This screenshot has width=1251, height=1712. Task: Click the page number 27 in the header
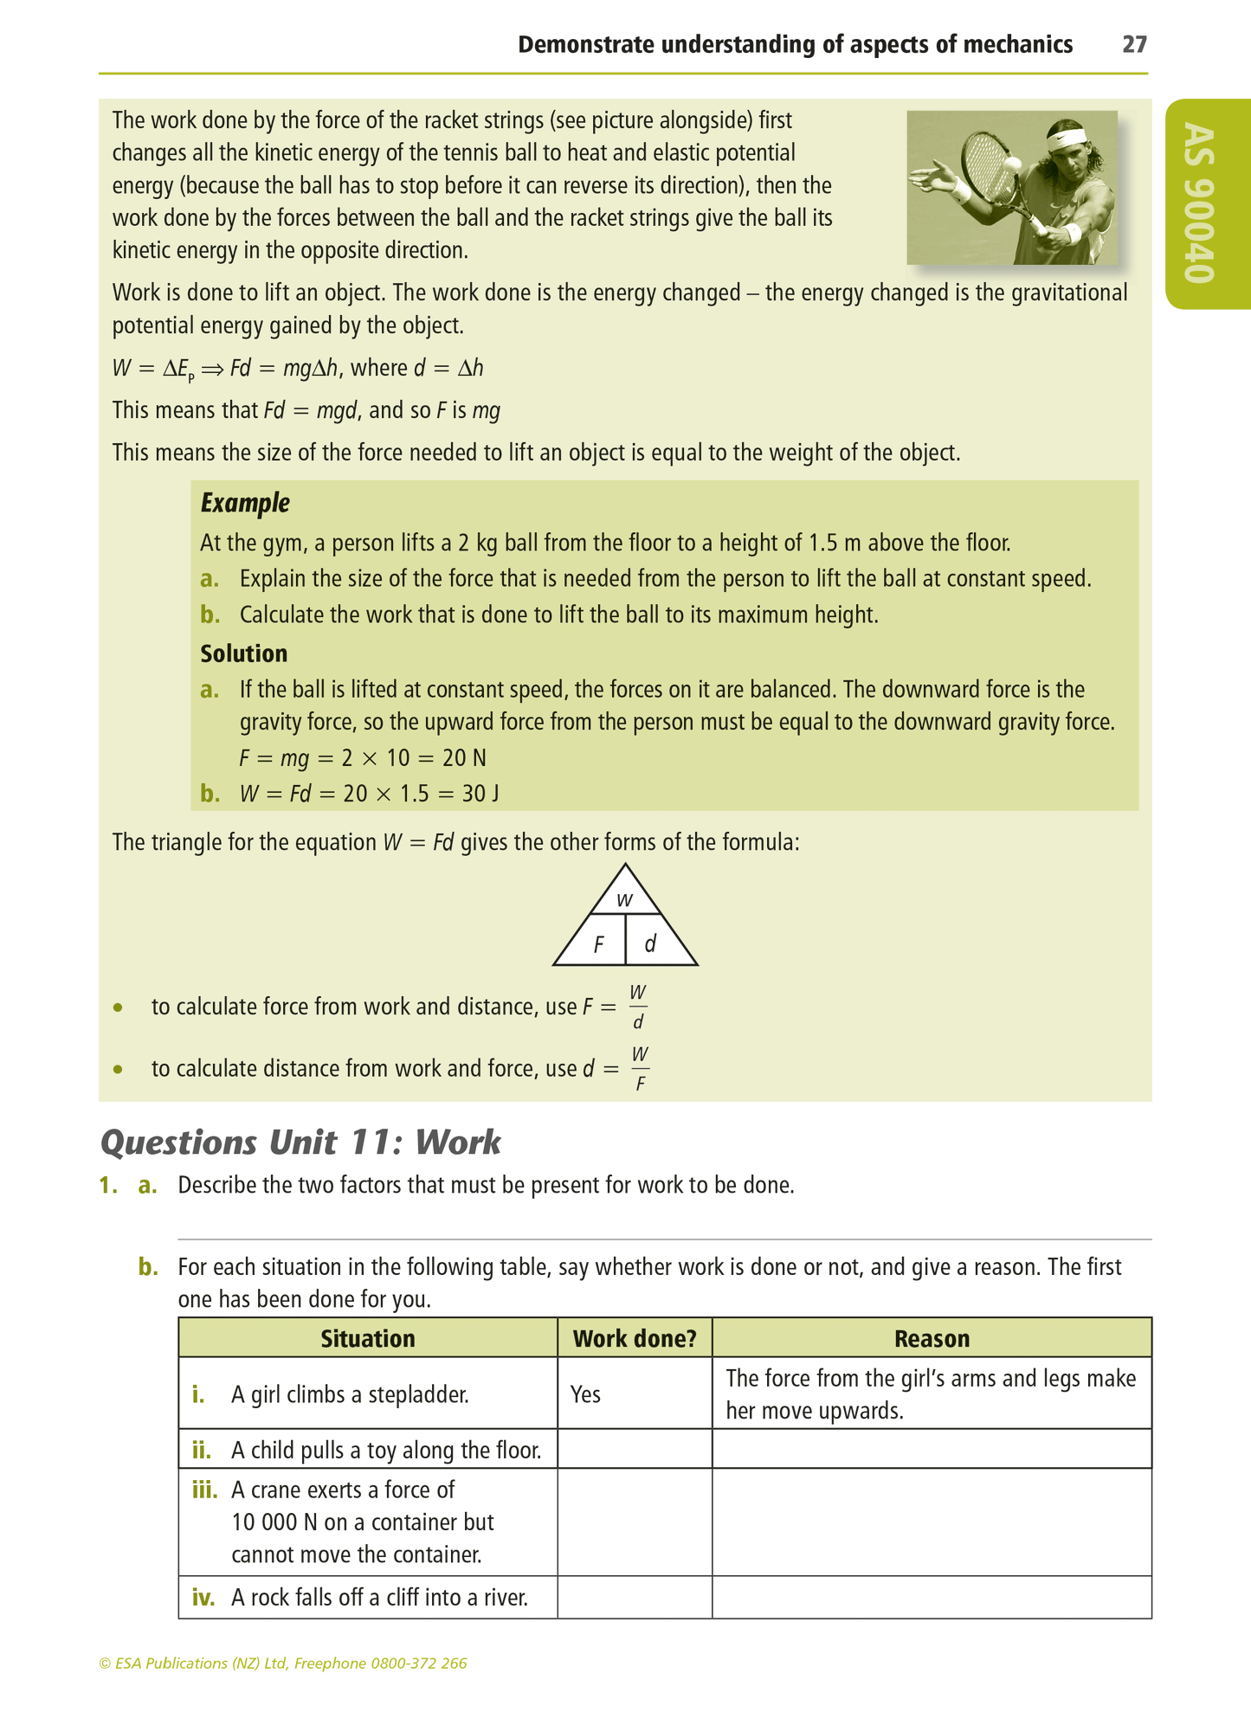1134,45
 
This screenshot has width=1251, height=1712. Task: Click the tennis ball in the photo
1010,164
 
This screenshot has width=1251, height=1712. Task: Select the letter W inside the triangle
624,901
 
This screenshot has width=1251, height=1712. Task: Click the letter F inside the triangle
598,945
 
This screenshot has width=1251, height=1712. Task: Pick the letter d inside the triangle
650,944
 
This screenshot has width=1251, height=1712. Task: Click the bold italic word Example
245,503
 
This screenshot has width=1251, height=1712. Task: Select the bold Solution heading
244,653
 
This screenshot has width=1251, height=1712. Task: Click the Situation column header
368,1339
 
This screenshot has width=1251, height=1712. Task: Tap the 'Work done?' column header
635,1339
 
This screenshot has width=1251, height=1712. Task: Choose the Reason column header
932,1339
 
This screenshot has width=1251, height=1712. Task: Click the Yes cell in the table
586,1394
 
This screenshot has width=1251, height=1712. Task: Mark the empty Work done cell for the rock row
635,1597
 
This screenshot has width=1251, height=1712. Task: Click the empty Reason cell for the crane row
932,1522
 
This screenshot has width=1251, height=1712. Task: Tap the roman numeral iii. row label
203,1490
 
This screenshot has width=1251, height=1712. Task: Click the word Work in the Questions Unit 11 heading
458,1142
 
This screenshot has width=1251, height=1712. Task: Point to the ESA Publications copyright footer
283,1663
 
